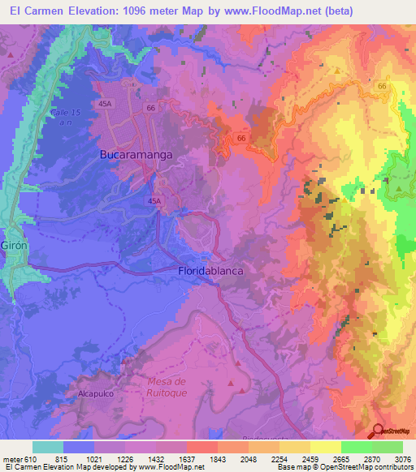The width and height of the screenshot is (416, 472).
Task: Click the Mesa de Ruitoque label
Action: tap(168, 387)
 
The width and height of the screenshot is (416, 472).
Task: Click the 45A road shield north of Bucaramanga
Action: tap(105, 104)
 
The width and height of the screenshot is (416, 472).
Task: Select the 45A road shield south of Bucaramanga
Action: tap(154, 200)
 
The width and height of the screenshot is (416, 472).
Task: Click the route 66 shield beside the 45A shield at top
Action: tap(150, 106)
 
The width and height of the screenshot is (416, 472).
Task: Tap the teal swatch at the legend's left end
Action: tap(48, 447)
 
